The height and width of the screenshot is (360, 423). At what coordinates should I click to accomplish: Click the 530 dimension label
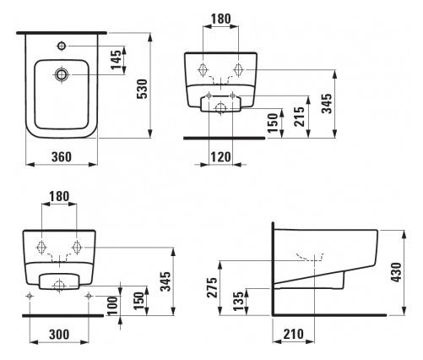pyautogui.click(x=142, y=89)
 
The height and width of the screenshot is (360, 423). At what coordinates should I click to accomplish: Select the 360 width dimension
pyautogui.click(x=62, y=157)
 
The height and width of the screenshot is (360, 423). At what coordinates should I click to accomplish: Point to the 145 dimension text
pyautogui.click(x=116, y=59)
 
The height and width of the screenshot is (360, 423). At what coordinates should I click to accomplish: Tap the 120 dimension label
pyautogui.click(x=220, y=157)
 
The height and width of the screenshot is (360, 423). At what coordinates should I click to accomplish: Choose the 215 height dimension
pyautogui.click(x=299, y=117)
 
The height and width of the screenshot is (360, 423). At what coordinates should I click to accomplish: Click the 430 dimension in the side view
pyautogui.click(x=397, y=272)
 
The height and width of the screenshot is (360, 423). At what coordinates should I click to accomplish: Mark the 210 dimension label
pyautogui.click(x=294, y=334)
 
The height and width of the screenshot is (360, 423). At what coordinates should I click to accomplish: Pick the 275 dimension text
pyautogui.click(x=213, y=287)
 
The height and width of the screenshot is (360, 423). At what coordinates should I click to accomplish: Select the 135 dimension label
pyautogui.click(x=238, y=301)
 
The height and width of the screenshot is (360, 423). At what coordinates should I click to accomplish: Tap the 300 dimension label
pyautogui.click(x=59, y=335)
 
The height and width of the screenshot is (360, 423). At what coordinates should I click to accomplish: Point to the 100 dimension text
pyautogui.click(x=112, y=306)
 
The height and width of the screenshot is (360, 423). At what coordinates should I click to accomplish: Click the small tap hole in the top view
pyautogui.click(x=62, y=46)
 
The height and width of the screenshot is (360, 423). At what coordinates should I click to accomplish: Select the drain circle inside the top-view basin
pyautogui.click(x=62, y=74)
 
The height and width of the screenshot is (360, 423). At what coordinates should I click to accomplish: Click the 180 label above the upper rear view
pyautogui.click(x=221, y=19)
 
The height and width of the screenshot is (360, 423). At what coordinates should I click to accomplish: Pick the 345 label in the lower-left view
pyautogui.click(x=165, y=281)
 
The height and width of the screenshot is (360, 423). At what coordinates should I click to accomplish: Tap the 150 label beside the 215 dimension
pyautogui.click(x=273, y=123)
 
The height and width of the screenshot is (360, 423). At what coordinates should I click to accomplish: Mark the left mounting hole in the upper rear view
pyautogui.click(x=203, y=69)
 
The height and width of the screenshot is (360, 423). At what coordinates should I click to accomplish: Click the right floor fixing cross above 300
pyautogui.click(x=89, y=296)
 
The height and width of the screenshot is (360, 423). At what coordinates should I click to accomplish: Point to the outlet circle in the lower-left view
pyautogui.click(x=60, y=286)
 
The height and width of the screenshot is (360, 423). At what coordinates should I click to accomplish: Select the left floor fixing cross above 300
pyautogui.click(x=30, y=296)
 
